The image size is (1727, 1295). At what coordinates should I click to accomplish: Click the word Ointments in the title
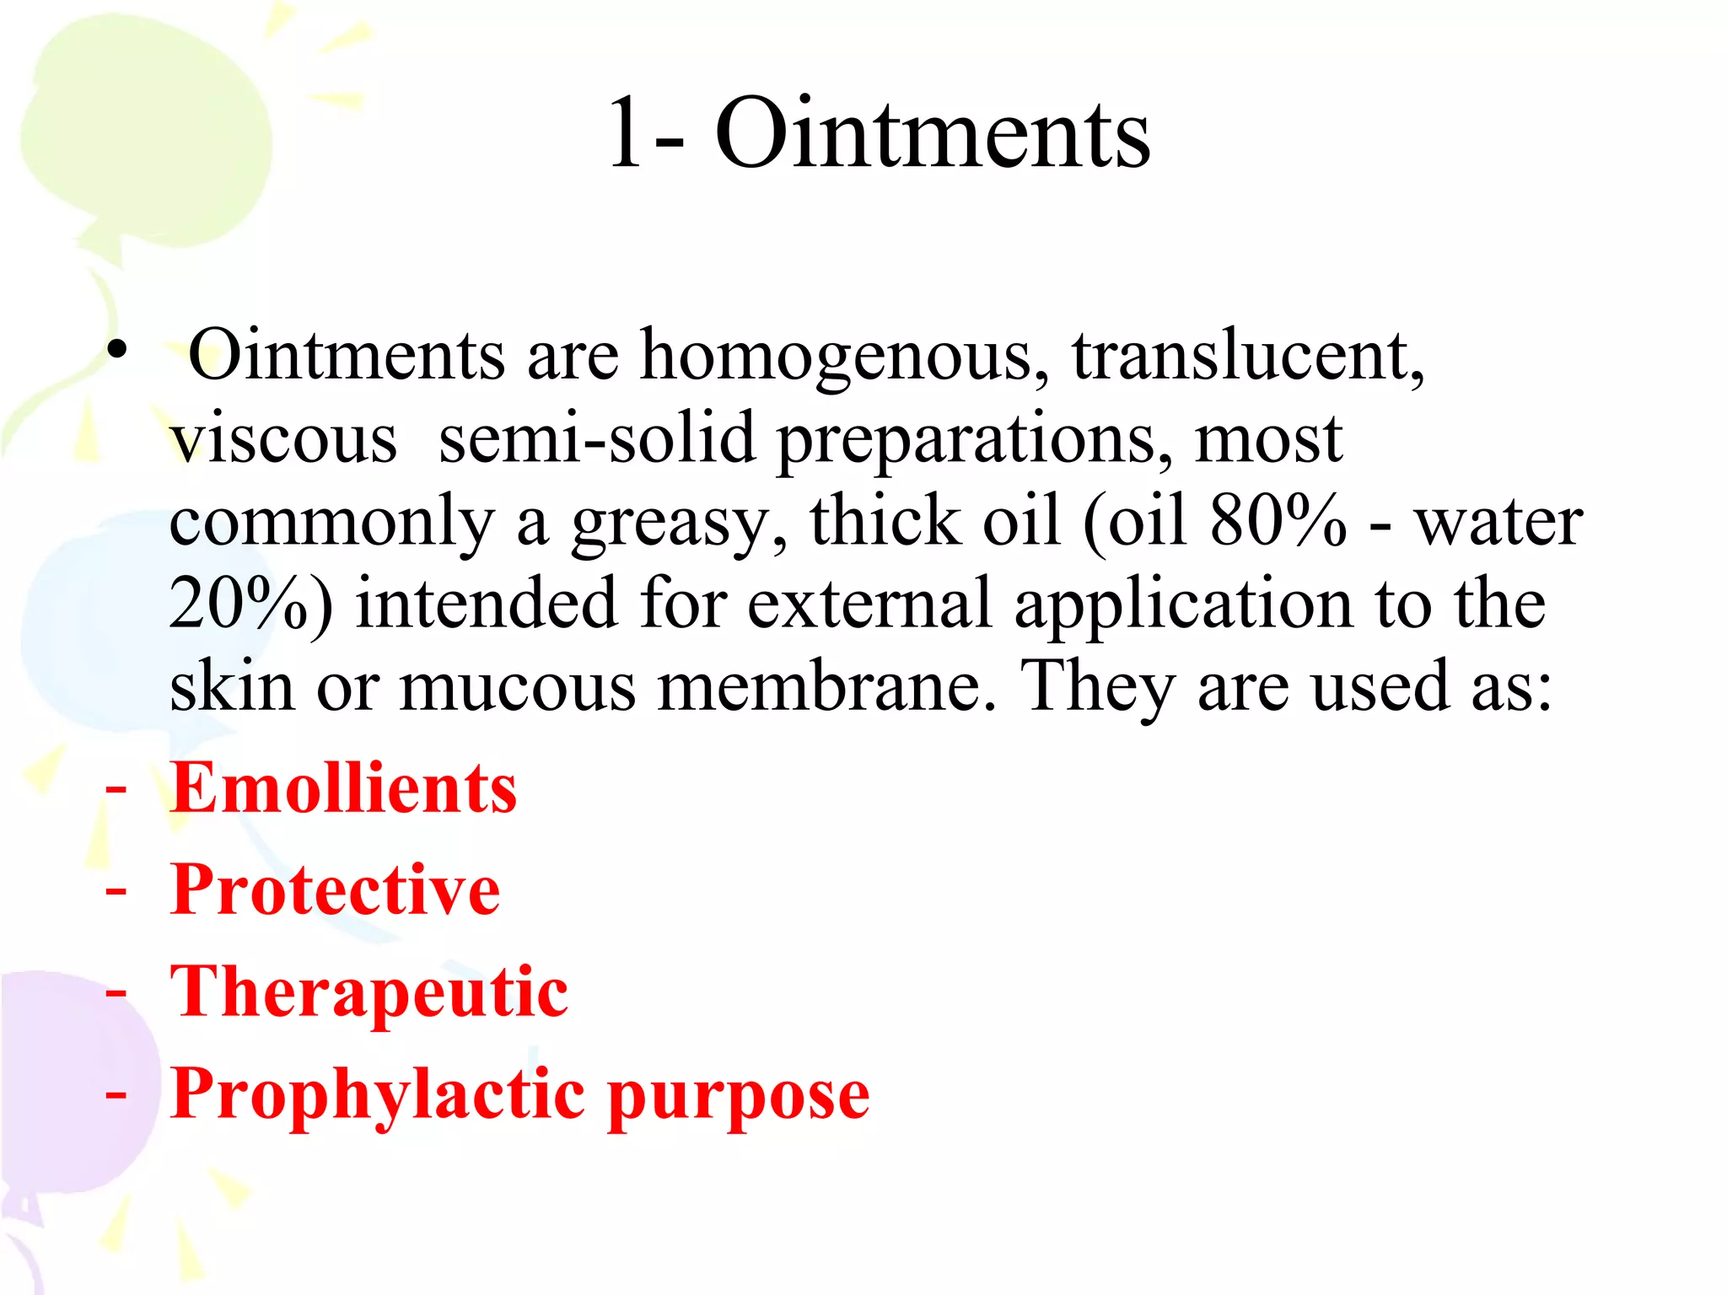pyautogui.click(x=933, y=133)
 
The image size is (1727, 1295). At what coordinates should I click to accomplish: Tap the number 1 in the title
pyautogui.click(x=626, y=133)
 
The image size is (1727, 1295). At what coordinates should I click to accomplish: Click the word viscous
pyautogui.click(x=283, y=440)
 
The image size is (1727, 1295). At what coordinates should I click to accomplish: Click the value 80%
pyautogui.click(x=1278, y=520)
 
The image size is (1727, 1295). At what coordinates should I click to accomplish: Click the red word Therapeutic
pyautogui.click(x=369, y=992)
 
